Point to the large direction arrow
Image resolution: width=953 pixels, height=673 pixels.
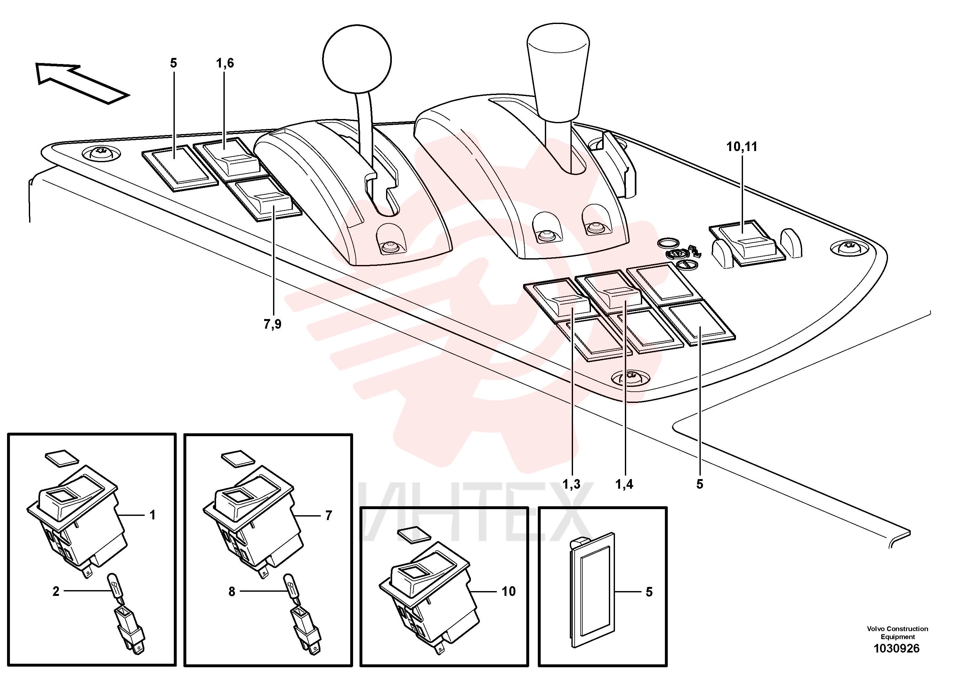[x=82, y=83]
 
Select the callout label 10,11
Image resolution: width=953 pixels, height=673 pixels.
[x=741, y=147]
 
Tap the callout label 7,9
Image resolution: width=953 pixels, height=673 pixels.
[x=272, y=324]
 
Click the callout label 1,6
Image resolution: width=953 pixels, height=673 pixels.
[x=224, y=63]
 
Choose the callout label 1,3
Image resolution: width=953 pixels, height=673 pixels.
[x=571, y=484]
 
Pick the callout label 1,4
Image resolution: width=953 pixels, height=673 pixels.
[x=624, y=484]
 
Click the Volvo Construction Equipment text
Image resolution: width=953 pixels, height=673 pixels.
[x=897, y=633]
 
